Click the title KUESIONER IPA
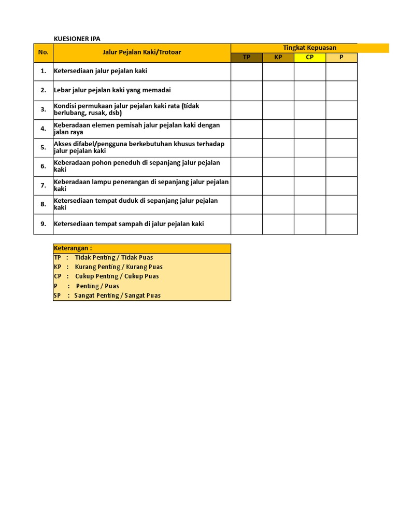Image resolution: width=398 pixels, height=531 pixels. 77,39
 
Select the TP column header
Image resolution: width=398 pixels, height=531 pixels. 247,57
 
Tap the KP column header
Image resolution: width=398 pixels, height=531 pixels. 278,57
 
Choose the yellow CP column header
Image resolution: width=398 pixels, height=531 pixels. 310,57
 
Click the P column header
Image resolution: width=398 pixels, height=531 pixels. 341,57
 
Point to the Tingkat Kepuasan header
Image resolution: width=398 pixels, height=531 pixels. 309,48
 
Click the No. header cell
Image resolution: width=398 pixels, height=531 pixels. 43,52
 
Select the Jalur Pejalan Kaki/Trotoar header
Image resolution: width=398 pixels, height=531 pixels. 141,52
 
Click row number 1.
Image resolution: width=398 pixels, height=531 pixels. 43,71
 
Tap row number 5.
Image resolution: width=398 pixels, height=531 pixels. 43,147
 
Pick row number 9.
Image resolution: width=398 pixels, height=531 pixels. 43,223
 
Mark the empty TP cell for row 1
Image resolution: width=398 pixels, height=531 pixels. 247,72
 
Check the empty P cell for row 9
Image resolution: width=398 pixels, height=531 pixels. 342,224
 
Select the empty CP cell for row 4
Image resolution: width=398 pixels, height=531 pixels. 310,129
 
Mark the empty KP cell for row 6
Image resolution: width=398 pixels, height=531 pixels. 278,166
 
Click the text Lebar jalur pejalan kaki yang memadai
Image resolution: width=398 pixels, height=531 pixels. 112,90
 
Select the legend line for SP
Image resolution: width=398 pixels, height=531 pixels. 107,296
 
